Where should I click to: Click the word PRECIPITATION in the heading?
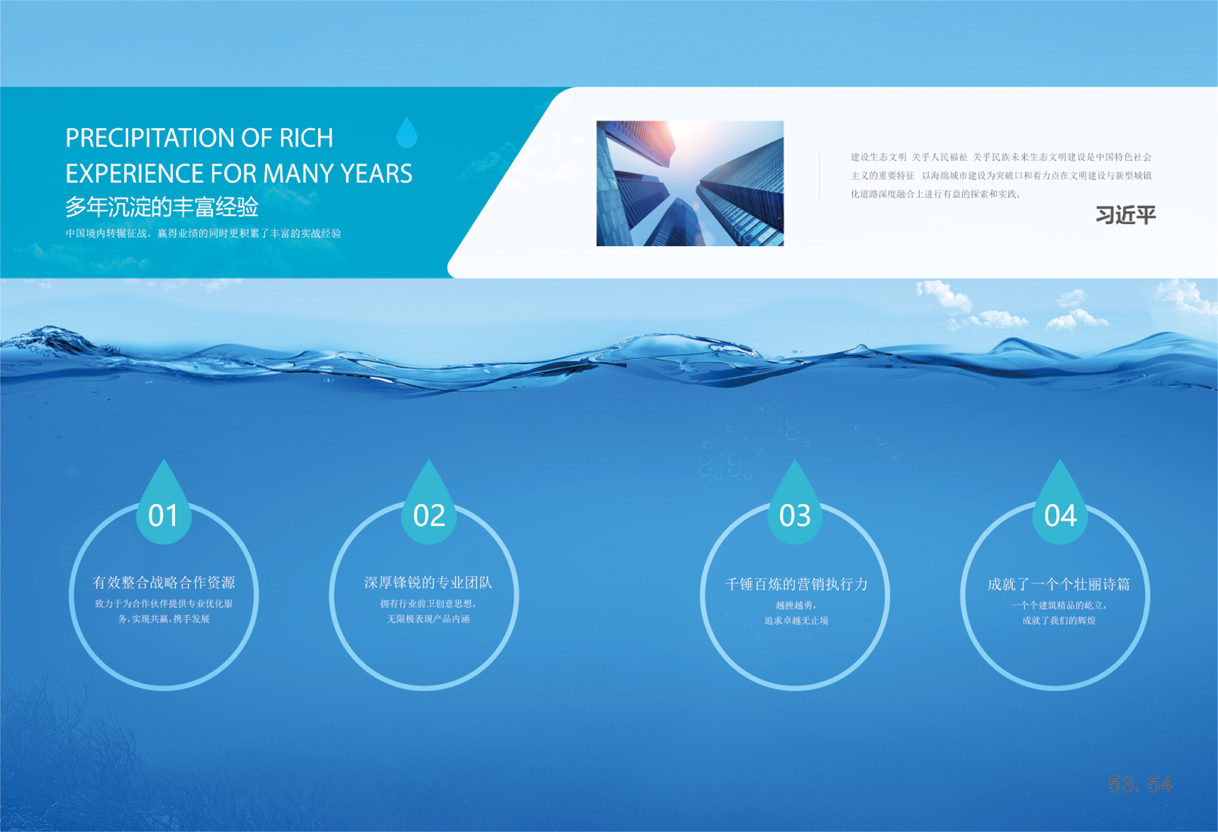[150, 138]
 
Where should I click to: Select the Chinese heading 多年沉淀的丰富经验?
[162, 207]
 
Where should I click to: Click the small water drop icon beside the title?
[407, 132]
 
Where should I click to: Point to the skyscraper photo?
[690, 183]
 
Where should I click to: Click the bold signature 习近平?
[1126, 215]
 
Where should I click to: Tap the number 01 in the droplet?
[163, 515]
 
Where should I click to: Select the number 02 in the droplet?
[429, 515]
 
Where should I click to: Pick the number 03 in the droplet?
[795, 515]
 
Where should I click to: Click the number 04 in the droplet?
[1060, 515]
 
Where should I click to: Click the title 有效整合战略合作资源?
[164, 582]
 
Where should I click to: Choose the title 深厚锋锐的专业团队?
[428, 582]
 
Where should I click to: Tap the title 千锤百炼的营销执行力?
[796, 584]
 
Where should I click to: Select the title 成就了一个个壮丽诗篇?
[1059, 584]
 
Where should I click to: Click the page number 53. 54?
[1140, 784]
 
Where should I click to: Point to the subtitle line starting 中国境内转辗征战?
[203, 234]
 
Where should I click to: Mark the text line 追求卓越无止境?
[796, 621]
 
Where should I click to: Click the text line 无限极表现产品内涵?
[428, 619]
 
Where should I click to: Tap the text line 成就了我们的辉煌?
[1059, 621]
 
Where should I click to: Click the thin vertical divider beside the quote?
[820, 176]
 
